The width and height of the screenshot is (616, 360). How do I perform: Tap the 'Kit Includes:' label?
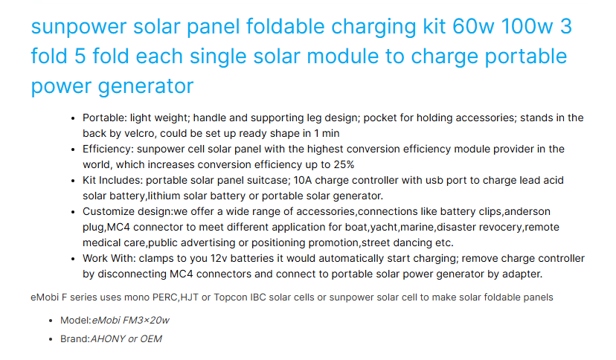[x=114, y=180]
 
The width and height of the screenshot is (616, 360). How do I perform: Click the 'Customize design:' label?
[x=127, y=211]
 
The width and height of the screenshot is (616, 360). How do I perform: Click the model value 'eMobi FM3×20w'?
[x=131, y=320]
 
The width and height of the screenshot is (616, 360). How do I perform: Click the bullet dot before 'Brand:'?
[x=51, y=338]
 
